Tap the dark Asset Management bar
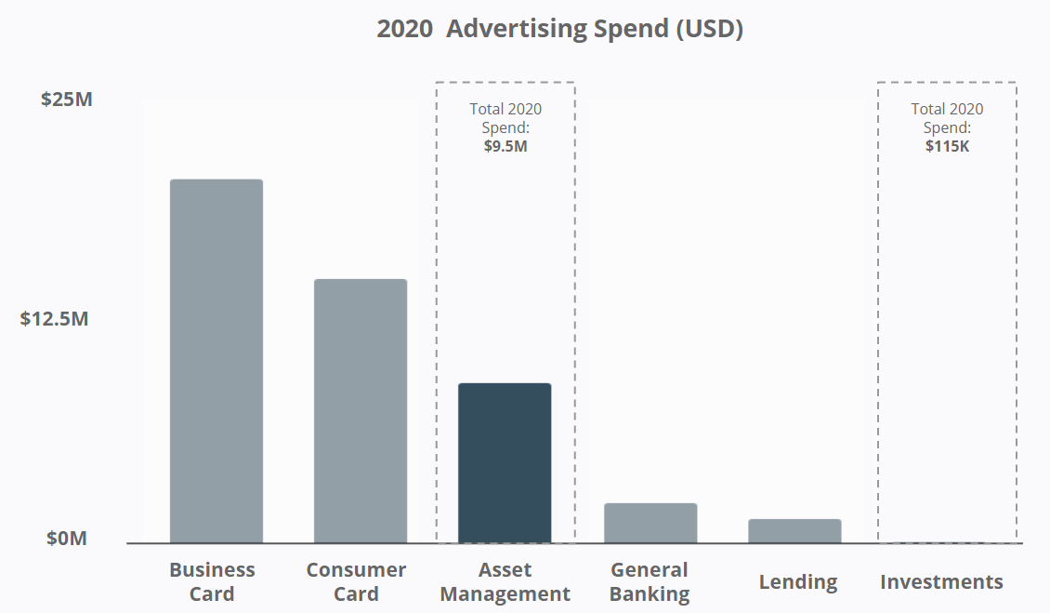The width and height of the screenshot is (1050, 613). (x=505, y=462)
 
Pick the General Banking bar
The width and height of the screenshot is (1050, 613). (x=650, y=523)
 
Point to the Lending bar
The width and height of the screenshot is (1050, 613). (x=794, y=531)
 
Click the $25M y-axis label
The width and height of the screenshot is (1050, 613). (x=67, y=99)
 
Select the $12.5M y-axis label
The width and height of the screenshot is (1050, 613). (x=55, y=319)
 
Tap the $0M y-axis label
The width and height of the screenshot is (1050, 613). (x=67, y=539)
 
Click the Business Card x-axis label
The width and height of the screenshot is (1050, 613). (x=212, y=581)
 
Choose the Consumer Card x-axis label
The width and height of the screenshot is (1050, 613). (x=356, y=581)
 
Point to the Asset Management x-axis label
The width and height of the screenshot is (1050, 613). (x=505, y=581)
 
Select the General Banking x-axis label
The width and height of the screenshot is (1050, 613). (x=650, y=581)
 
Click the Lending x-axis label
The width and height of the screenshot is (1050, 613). (x=798, y=582)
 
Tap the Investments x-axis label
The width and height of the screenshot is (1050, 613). (x=941, y=582)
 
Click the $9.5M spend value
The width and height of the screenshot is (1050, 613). (x=505, y=146)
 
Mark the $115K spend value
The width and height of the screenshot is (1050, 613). (x=947, y=146)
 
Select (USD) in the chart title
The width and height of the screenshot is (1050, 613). (x=709, y=29)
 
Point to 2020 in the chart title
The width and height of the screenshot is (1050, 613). (x=404, y=29)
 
